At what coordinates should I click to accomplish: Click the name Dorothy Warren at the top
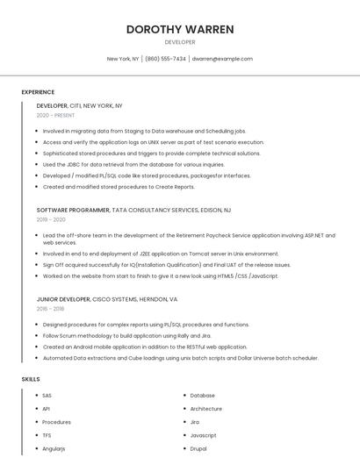tap(180, 29)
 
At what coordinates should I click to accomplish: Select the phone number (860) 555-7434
tap(165, 59)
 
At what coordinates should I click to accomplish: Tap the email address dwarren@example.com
tap(222, 59)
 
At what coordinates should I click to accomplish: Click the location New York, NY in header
tap(123, 59)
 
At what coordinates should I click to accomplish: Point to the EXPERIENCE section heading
tap(38, 92)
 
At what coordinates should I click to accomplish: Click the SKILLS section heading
tap(31, 379)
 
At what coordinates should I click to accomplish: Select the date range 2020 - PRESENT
tap(55, 115)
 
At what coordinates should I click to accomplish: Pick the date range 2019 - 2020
tap(51, 220)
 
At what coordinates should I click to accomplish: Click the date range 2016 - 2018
tap(50, 309)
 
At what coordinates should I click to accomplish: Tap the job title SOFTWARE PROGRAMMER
tap(73, 211)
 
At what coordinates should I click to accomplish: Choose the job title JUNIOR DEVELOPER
tap(66, 299)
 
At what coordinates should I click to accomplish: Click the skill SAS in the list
tap(47, 396)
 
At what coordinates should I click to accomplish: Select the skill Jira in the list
tap(195, 422)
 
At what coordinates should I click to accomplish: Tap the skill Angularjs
tap(54, 448)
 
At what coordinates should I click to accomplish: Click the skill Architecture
tap(205, 409)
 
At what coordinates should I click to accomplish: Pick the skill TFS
tap(47, 435)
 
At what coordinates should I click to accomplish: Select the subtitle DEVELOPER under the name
tap(180, 42)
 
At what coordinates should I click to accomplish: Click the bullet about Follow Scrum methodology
tap(127, 335)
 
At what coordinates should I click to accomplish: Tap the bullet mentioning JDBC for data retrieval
tap(133, 164)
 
